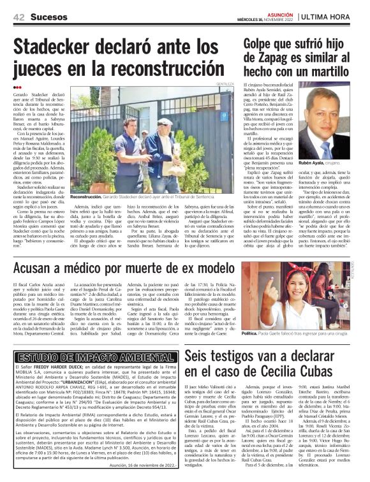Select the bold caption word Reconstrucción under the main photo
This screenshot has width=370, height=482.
pos(87,198)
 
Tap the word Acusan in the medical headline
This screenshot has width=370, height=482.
pos(37,249)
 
